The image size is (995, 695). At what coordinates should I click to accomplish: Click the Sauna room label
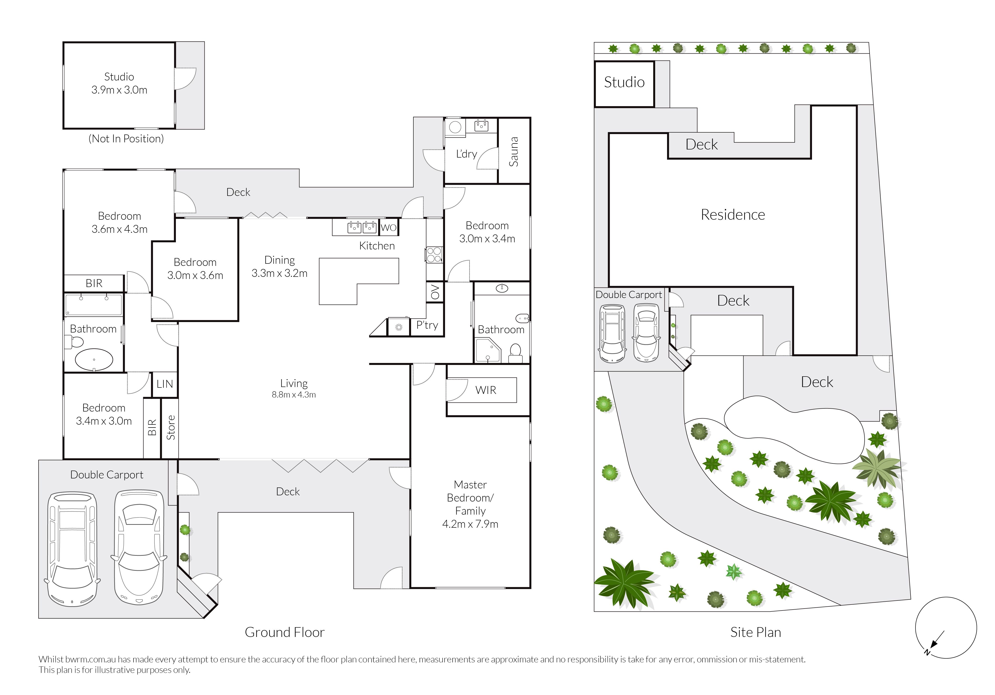coord(514,152)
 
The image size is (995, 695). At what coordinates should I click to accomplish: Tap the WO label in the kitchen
coord(388,228)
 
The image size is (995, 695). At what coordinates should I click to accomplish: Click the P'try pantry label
coord(427,325)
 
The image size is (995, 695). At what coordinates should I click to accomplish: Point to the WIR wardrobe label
coord(485,390)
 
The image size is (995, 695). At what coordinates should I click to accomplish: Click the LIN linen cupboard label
coord(165,384)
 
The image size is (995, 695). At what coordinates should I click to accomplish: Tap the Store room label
coord(171,428)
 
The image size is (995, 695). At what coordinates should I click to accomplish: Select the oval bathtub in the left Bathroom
coord(94,360)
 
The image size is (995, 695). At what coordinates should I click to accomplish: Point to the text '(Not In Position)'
coord(126,139)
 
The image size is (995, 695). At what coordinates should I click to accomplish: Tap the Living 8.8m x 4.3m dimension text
coord(294,395)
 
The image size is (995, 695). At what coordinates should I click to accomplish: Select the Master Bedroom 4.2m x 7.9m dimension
coord(470,524)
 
